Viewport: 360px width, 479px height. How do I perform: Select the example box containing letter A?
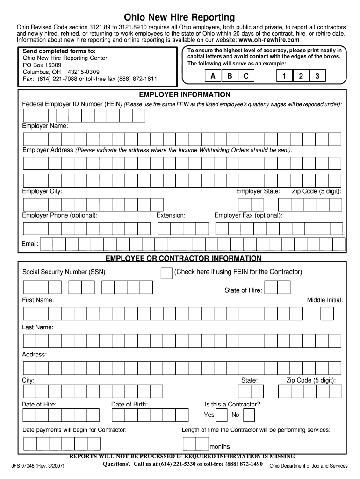[213, 76]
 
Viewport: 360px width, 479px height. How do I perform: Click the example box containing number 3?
[317, 76]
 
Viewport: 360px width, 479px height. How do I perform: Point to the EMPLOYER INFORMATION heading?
[181, 94]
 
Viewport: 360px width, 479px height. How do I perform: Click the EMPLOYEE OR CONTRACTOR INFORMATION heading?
[183, 258]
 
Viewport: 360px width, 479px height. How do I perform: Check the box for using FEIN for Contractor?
[166, 273]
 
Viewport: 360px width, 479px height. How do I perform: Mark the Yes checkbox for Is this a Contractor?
[223, 415]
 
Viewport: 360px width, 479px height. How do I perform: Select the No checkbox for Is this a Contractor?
[249, 415]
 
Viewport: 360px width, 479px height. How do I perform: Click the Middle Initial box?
[327, 314]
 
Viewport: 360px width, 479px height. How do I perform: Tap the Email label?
[30, 244]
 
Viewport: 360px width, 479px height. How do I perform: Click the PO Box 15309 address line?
[42, 65]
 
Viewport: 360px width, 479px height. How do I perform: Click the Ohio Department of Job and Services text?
[308, 466]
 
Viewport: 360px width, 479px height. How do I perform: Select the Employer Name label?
[45, 126]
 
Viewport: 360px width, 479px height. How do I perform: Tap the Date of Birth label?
[130, 404]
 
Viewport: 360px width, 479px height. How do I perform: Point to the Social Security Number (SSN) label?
[64, 272]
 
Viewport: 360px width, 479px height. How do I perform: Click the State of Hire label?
[243, 290]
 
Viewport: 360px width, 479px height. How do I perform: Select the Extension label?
[171, 215]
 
